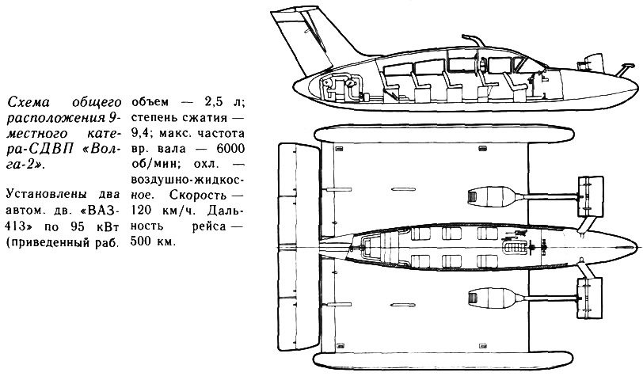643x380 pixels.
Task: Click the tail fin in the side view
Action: [x=312, y=39]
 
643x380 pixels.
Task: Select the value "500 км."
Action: [x=154, y=241]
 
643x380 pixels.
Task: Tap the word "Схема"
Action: [x=29, y=102]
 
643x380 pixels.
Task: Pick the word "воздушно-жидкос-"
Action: [x=188, y=180]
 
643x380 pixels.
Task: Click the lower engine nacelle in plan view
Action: [x=491, y=298]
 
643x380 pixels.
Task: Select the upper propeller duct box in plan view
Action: [x=590, y=196]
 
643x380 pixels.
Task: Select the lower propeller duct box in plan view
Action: [x=590, y=298]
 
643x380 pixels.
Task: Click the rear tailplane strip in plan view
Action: [x=299, y=248]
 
